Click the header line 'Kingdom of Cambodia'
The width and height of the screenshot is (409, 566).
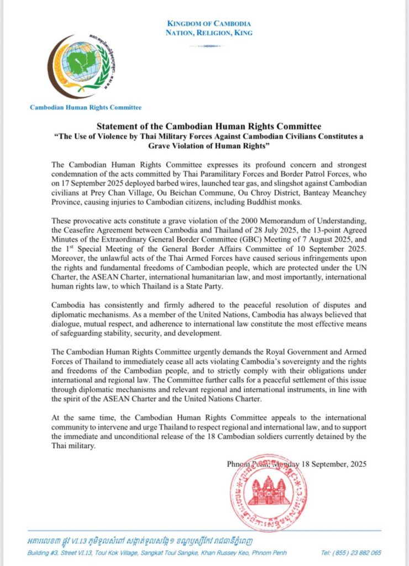pos(208,24)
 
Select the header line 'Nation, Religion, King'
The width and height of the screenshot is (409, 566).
pos(208,33)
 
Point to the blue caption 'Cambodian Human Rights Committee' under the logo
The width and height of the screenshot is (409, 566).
pos(86,108)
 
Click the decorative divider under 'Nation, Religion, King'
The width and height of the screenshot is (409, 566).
pos(208,46)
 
